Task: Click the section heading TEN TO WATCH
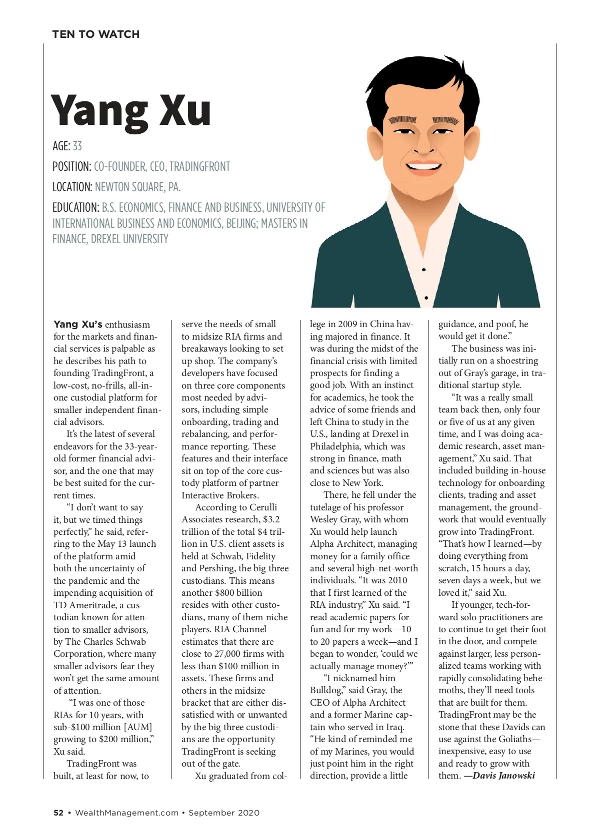[95, 34]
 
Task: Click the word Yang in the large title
[99, 111]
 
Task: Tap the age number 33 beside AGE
[77, 146]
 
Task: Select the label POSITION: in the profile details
[71, 167]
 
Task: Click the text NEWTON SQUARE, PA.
[137, 187]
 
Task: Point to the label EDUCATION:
[75, 208]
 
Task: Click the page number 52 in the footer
[58, 813]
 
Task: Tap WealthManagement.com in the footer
[126, 813]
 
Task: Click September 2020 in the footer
[224, 813]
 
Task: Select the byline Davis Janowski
[503, 776]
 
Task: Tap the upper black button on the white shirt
[424, 270]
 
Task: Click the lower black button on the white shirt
[426, 298]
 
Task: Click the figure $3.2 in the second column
[271, 519]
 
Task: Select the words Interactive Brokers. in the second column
[220, 495]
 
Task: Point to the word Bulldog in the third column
[326, 690]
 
